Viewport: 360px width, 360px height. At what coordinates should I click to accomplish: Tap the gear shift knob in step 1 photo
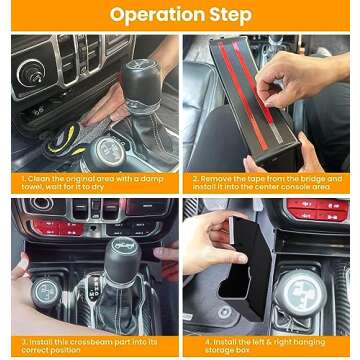pyautogui.click(x=136, y=78)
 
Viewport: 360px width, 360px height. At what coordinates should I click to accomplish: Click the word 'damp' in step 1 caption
pyautogui.click(x=152, y=178)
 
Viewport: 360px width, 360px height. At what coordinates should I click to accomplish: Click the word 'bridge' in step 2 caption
pyautogui.click(x=311, y=178)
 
